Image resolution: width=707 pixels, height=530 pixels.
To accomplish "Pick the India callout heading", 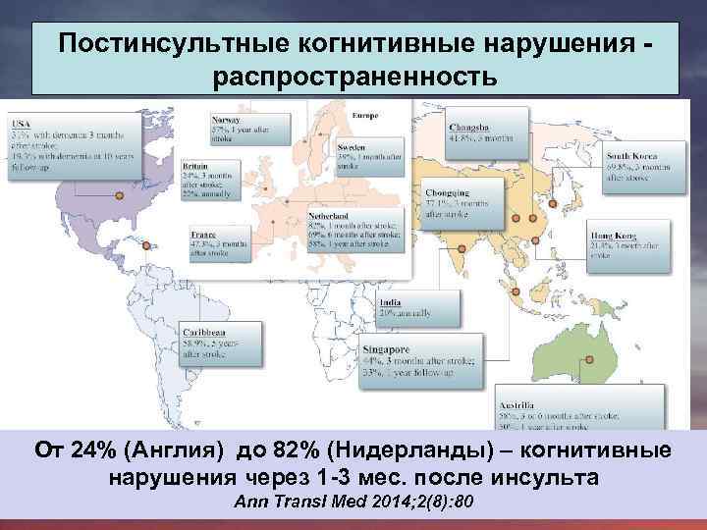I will (389, 302).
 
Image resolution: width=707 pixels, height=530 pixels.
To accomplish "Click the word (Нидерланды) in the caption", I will (399, 451).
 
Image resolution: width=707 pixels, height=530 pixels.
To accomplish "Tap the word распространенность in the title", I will (354, 76).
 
